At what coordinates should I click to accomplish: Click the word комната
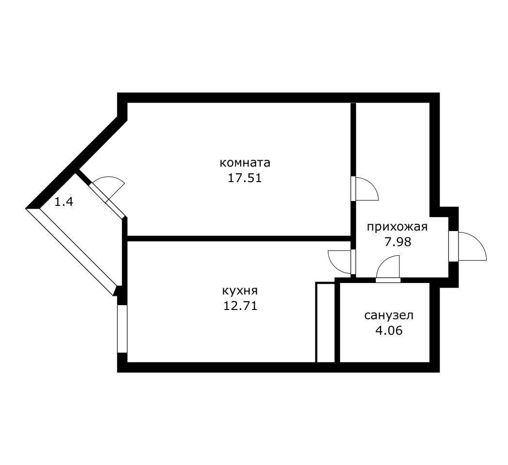click(245, 162)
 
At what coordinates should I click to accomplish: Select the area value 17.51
click(245, 178)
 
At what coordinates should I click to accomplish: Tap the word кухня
click(240, 291)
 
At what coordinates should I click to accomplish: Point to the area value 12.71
click(240, 306)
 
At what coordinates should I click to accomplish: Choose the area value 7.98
click(398, 242)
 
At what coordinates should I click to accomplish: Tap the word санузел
click(389, 316)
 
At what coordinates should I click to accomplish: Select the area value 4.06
click(389, 331)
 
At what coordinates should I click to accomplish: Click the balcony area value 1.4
click(63, 202)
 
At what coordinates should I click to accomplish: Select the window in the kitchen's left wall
click(122, 328)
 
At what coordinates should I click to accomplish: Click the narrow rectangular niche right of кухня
click(325, 322)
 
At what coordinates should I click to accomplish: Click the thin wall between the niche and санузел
click(337, 322)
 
